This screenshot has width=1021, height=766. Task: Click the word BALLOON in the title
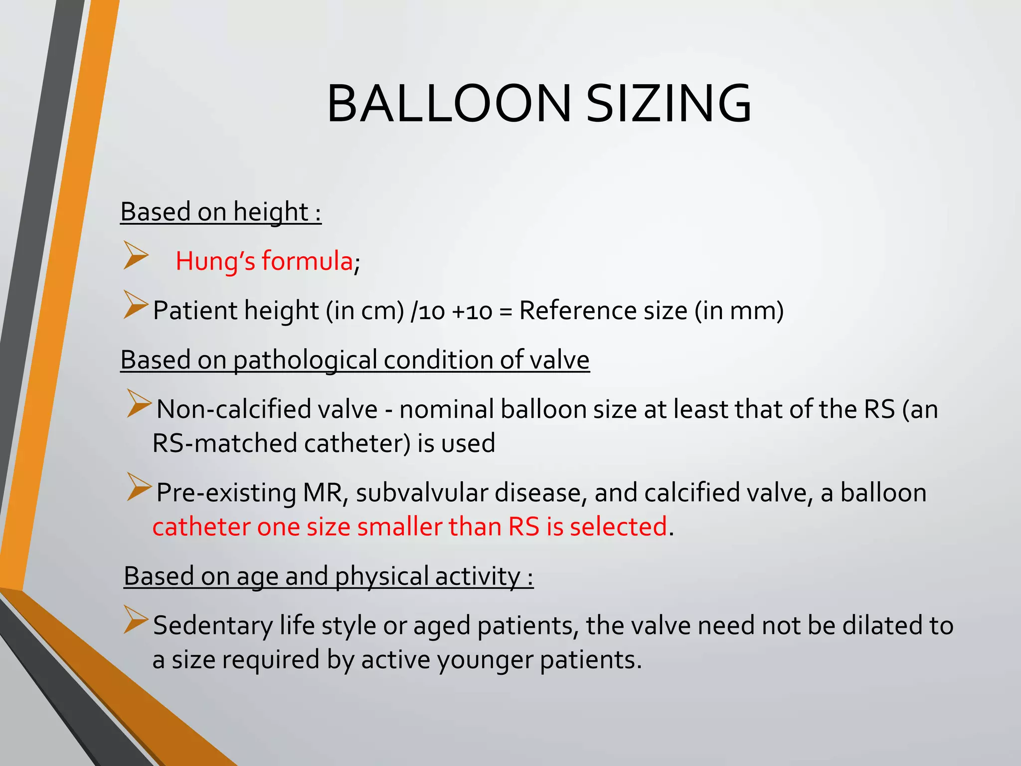[x=449, y=104]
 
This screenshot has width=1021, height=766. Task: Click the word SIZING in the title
[x=668, y=104]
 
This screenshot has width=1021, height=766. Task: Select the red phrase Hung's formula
[x=264, y=261]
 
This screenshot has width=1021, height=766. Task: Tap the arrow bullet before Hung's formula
[x=136, y=255]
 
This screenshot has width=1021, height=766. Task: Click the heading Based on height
[x=221, y=211]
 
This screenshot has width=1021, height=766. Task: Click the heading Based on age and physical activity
[x=329, y=576]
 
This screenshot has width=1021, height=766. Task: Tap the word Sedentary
[x=213, y=626]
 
